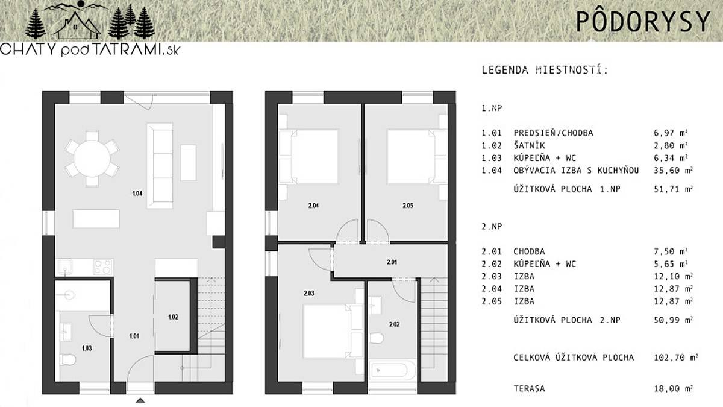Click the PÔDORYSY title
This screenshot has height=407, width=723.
643,21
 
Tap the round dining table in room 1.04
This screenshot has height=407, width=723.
92,159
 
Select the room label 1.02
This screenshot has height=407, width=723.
173,317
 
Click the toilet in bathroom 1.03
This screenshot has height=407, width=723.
68,359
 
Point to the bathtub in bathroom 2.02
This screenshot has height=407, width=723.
392,370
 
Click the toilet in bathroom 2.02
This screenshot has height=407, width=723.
377,338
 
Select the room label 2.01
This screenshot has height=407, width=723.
392,262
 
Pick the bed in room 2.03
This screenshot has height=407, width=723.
333,332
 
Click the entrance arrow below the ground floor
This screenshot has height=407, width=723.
140,400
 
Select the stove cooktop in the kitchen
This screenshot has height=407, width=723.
103,267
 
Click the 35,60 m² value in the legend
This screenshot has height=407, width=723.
674,170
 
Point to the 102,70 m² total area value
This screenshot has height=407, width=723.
676,357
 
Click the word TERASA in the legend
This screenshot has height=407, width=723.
530,388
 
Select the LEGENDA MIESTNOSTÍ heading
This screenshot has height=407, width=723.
545,70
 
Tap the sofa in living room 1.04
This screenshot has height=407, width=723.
160,166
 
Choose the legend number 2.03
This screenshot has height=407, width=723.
492,276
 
